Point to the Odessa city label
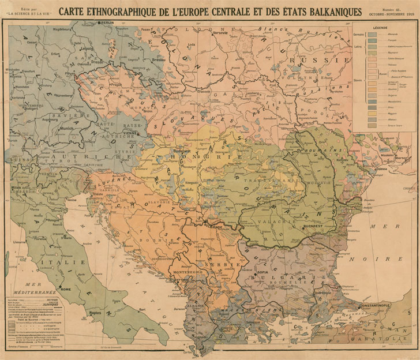[381, 168]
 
